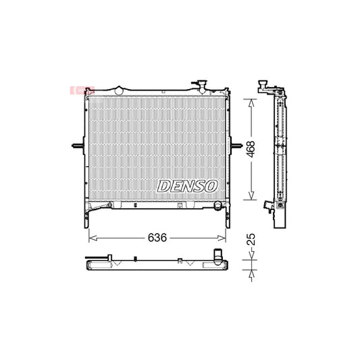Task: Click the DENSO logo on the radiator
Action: [187, 185]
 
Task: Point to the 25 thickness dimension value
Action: [251, 240]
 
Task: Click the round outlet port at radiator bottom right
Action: [216, 203]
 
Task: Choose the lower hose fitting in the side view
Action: [267, 205]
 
